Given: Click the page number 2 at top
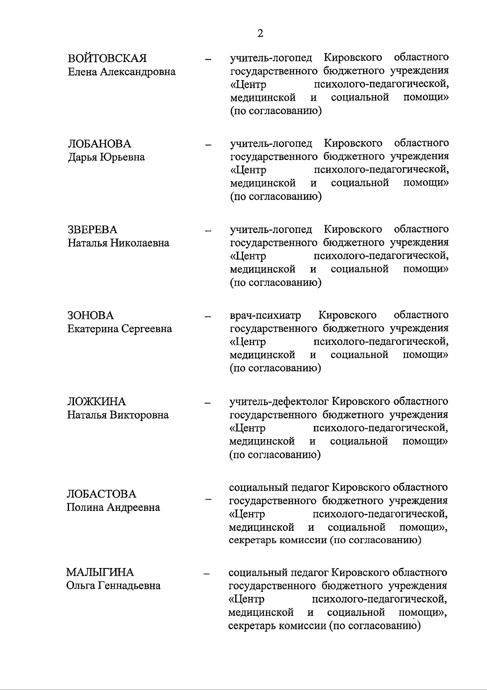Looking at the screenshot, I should pos(260,33).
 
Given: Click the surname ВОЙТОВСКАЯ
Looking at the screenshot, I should pos(107,58).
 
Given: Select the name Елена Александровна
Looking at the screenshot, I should pos(121,72).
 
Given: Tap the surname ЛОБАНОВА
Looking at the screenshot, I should pos(99,144).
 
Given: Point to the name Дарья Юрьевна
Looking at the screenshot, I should pos(106,157).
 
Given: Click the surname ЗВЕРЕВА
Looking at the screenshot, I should pos(92,230).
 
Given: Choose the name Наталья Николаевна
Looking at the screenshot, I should pos(118,243).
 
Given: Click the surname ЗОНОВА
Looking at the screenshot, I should pos(91,316).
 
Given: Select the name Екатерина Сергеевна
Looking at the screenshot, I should pos(119,329).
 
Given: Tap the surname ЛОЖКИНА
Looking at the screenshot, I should pos(97,402).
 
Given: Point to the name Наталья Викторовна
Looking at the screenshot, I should pos(118,415).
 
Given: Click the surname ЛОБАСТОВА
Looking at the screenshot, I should pos(101,494).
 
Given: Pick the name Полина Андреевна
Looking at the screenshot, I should pos(113,507).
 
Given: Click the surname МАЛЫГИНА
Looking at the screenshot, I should pos(100,572).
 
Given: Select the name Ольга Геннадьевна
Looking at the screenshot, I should pos(113,585).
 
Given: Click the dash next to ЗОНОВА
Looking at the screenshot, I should pos(208,316).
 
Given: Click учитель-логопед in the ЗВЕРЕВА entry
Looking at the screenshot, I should pos(271,230).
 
